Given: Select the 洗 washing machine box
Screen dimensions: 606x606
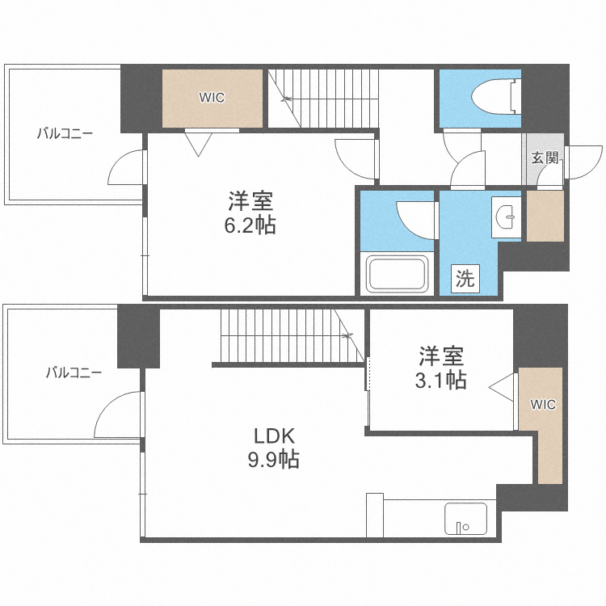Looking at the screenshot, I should [465, 280].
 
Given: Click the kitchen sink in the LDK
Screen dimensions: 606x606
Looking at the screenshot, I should [466, 518].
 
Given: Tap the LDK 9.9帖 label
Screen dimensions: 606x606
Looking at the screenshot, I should [275, 448].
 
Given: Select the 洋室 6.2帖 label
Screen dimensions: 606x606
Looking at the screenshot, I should [250, 212].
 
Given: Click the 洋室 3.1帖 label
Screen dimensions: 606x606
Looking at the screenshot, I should [441, 368].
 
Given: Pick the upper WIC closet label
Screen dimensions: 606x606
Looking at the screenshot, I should [213, 98].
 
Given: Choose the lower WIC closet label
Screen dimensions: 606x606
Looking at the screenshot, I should [544, 405].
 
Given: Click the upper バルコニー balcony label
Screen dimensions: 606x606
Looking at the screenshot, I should [65, 134].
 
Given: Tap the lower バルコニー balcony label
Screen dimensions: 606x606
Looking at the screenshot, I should [74, 372].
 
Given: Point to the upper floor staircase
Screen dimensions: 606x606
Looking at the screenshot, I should [323, 98].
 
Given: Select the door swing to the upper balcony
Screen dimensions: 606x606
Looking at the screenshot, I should [127, 168].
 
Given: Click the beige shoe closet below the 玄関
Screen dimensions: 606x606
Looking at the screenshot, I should [545, 217].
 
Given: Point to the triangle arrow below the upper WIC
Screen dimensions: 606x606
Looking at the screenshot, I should [198, 143].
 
